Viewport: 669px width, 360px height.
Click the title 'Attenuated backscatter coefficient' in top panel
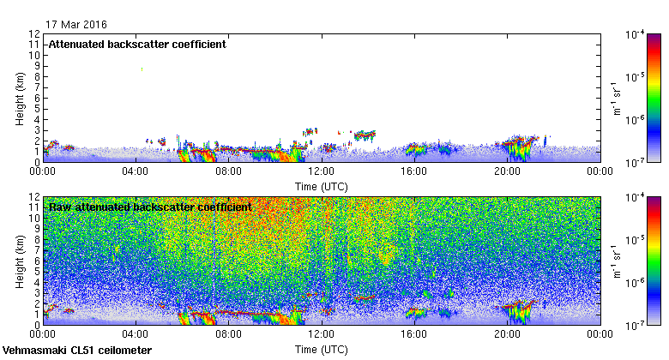(x=137, y=44)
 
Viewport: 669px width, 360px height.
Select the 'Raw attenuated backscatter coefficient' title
(x=150, y=207)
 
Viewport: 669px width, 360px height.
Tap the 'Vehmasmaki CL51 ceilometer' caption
(x=77, y=351)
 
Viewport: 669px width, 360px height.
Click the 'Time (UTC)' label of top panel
(x=322, y=185)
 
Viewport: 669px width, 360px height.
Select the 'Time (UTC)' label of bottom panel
(x=322, y=350)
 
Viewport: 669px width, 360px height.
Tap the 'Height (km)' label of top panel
(x=19, y=99)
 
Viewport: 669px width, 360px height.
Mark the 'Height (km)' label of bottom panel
(x=19, y=262)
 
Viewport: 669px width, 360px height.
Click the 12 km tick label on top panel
(x=34, y=34)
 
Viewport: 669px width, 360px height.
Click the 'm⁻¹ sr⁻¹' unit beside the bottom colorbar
(x=617, y=262)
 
